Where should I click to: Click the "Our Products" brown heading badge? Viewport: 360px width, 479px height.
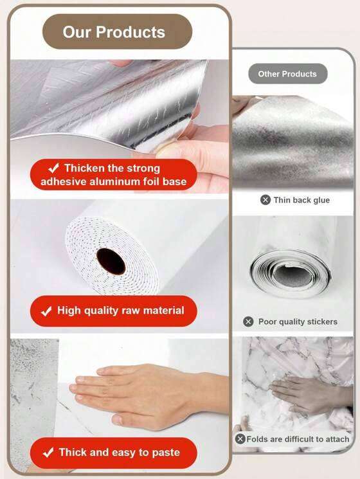[x=117, y=32]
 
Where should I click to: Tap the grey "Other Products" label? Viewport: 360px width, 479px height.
[x=287, y=74]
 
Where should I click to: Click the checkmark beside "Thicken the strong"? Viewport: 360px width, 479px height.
[x=53, y=167]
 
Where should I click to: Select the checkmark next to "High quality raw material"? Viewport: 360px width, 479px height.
[x=46, y=311]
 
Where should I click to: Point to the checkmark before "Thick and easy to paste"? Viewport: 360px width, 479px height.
[x=48, y=453]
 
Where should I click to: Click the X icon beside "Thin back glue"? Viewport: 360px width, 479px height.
[x=265, y=200]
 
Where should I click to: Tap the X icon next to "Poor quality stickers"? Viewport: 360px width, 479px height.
[x=248, y=321]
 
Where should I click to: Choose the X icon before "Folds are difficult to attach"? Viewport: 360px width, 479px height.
[x=240, y=439]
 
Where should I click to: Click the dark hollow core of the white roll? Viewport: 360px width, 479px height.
[x=111, y=261]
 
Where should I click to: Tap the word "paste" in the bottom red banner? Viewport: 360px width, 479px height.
[x=165, y=453]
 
